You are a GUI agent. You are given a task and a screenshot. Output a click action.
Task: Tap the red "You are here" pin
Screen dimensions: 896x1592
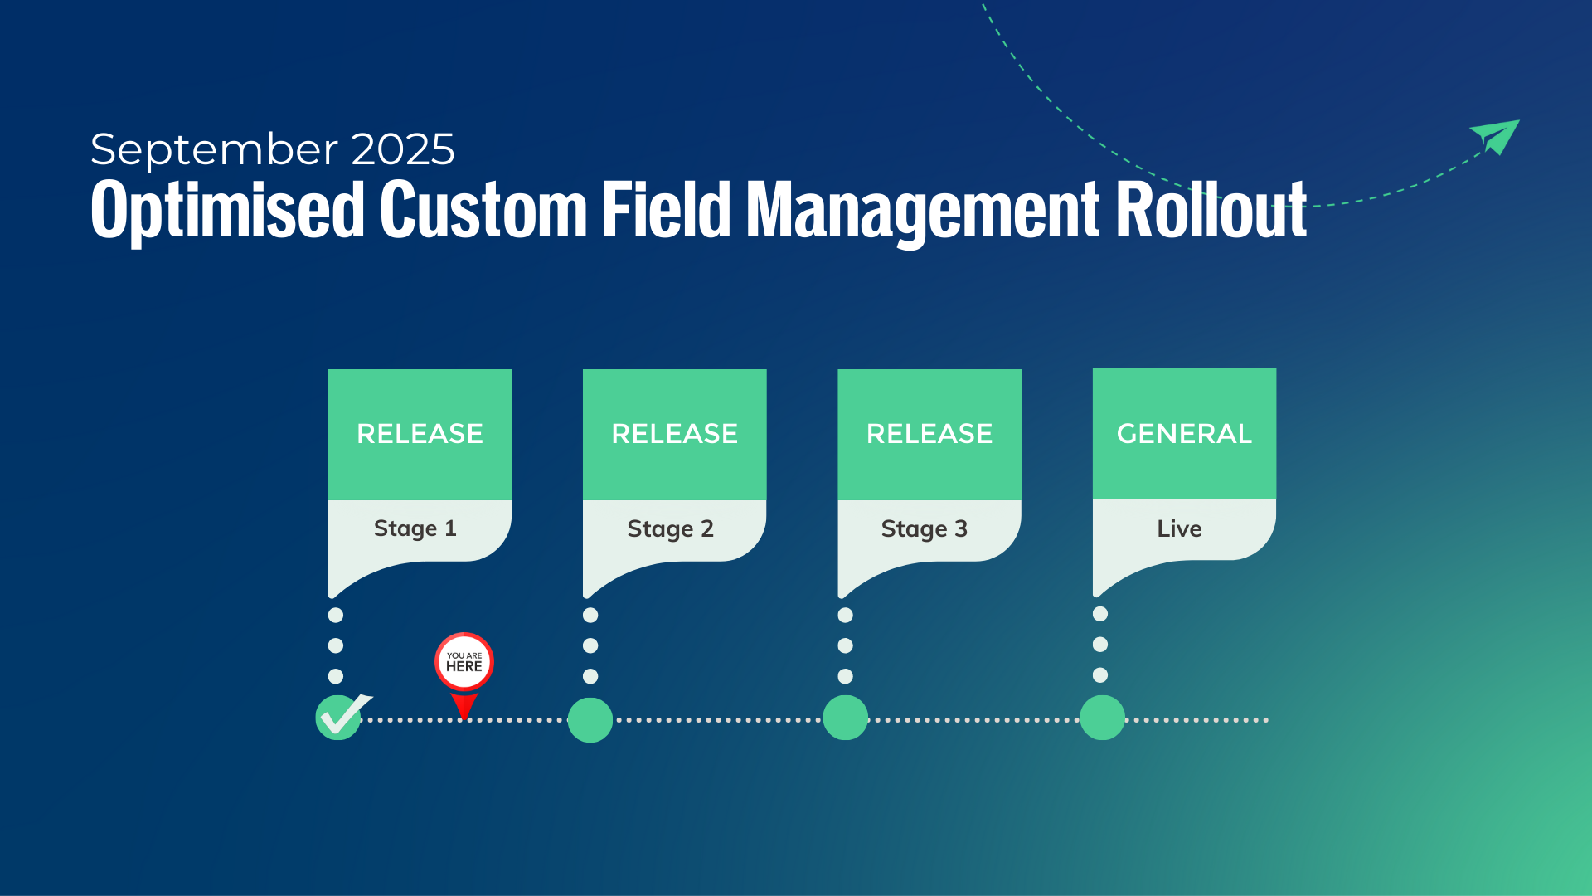tap(464, 664)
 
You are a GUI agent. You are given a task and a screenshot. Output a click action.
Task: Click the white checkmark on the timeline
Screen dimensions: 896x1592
tap(342, 715)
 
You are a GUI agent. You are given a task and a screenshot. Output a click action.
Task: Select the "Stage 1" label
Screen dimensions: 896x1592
tap(415, 528)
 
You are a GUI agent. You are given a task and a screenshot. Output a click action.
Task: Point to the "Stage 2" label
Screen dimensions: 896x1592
tap(670, 528)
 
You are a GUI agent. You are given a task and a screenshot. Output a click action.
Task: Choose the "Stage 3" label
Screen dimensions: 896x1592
tap(925, 528)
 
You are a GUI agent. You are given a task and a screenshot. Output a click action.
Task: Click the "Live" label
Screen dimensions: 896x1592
tap(1179, 528)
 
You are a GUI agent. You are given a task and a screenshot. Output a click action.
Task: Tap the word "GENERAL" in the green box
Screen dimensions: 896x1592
tap(1184, 433)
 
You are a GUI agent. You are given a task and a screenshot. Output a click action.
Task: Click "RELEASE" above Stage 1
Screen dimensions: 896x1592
tap(420, 433)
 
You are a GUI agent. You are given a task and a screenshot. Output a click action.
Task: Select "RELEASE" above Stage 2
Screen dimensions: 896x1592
tap(674, 433)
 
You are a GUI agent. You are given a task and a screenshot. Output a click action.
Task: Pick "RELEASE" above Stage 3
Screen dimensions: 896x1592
tap(929, 433)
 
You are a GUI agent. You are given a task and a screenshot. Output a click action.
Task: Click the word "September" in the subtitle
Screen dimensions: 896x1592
tap(215, 150)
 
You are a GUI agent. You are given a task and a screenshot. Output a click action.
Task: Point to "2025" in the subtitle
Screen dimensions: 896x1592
tap(403, 150)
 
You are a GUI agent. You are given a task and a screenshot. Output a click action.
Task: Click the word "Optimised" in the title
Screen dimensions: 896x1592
tap(227, 211)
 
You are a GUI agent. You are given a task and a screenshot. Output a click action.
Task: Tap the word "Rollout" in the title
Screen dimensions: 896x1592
tap(1211, 211)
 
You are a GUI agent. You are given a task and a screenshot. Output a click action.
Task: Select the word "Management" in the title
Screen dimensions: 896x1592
tap(923, 211)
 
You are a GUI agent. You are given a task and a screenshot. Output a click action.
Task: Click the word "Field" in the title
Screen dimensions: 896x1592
tap(667, 211)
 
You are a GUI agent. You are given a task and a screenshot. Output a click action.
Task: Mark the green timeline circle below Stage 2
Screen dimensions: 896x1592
tap(590, 719)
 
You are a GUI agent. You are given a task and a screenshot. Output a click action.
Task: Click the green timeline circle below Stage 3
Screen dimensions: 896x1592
tap(846, 718)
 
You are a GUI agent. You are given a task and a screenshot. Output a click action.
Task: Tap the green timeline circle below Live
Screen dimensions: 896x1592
tap(1102, 718)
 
